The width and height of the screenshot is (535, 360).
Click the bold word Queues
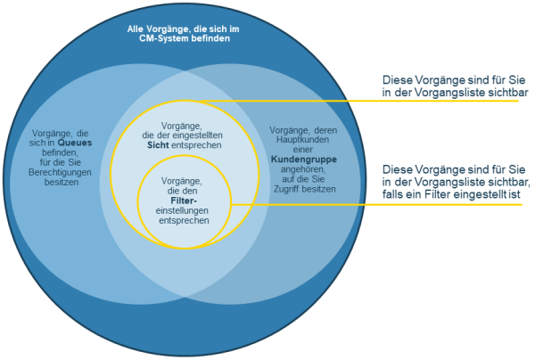[75, 143]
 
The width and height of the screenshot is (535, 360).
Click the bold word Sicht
[158, 145]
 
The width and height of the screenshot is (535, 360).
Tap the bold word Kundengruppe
[304, 160]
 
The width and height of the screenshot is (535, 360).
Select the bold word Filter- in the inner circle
[184, 200]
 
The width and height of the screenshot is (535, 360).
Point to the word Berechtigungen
[60, 172]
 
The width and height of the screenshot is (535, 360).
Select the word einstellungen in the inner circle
[182, 210]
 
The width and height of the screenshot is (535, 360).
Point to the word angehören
[303, 169]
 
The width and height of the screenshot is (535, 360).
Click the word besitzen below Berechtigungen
[62, 182]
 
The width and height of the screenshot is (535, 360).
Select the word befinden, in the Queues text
[60, 152]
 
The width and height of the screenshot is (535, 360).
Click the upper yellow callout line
[359, 101]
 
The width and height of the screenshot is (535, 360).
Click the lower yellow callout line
[376, 205]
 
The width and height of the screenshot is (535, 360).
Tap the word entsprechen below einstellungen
[184, 221]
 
